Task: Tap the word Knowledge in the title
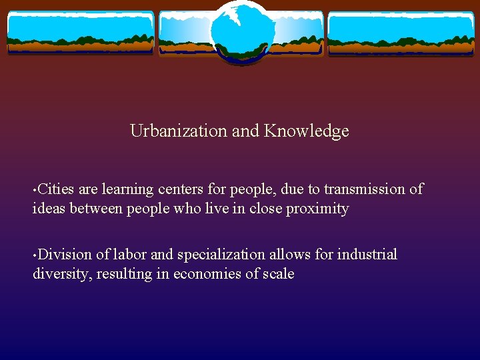click(306, 131)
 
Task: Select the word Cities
click(56, 189)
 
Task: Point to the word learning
click(127, 189)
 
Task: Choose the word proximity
click(317, 209)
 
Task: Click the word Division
click(65, 255)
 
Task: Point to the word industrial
click(367, 255)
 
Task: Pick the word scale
click(277, 274)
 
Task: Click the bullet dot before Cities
click(35, 191)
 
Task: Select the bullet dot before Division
click(35, 256)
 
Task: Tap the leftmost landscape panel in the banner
click(81, 33)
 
